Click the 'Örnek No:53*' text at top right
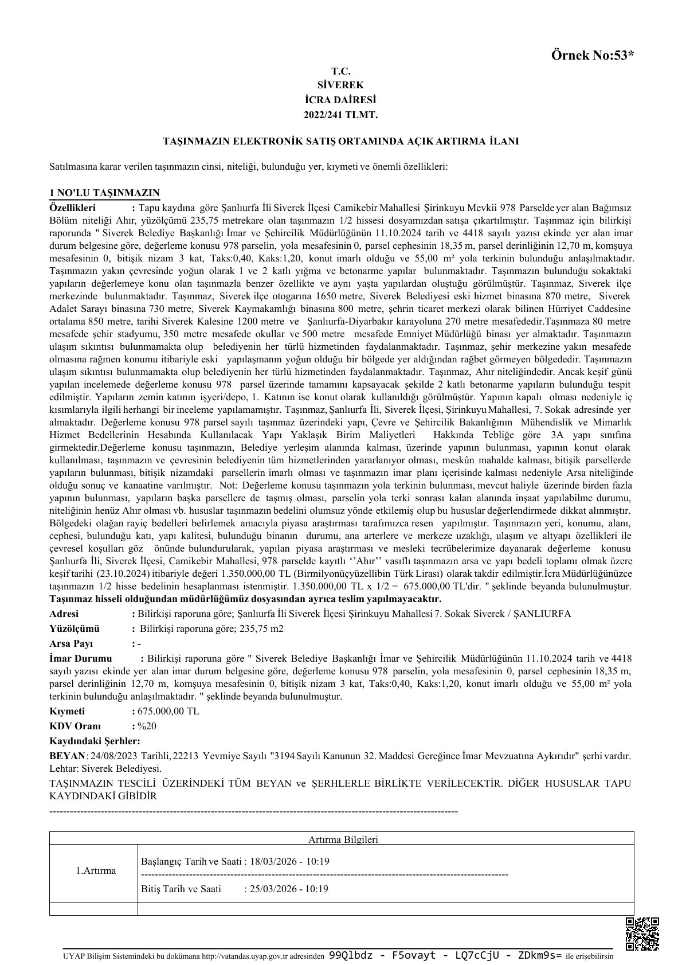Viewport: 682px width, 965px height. coord(593,56)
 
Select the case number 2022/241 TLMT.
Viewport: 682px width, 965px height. coord(340,115)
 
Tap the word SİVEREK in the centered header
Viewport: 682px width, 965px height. coord(340,85)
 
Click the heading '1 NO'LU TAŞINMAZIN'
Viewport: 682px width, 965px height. coord(104,193)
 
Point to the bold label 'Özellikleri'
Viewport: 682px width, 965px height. coord(73,208)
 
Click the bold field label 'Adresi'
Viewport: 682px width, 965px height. coord(65,614)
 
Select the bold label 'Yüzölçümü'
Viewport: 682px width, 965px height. coord(75,628)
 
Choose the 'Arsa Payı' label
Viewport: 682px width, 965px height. coord(71,643)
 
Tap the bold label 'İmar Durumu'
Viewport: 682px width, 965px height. coord(81,658)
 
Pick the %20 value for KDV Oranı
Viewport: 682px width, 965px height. coord(147,726)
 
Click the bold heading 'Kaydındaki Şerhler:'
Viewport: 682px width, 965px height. coord(95,741)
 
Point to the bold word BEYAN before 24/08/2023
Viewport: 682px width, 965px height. coord(67,756)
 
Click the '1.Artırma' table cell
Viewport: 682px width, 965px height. coord(96,870)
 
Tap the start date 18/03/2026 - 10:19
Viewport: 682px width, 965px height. coord(289,861)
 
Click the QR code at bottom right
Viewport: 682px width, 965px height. coord(642,934)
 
